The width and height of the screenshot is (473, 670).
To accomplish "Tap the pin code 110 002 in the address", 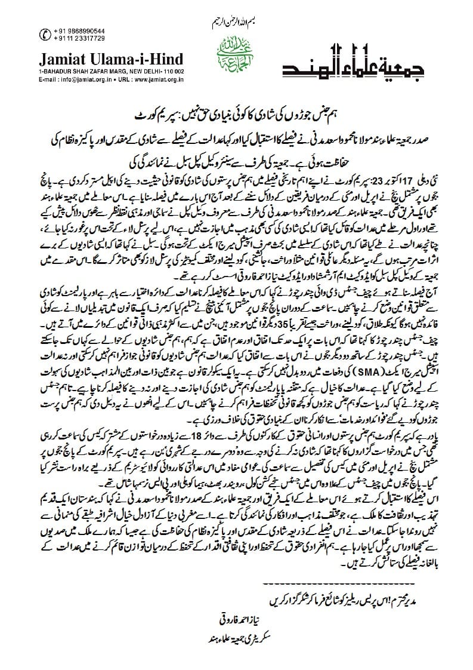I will pyautogui.click(x=172, y=71).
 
